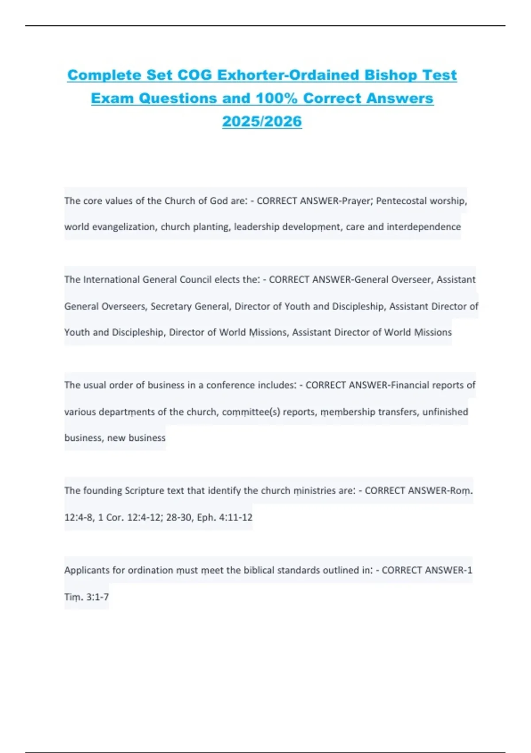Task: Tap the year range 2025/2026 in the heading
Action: (x=262, y=121)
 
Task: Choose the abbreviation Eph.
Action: (x=206, y=517)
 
